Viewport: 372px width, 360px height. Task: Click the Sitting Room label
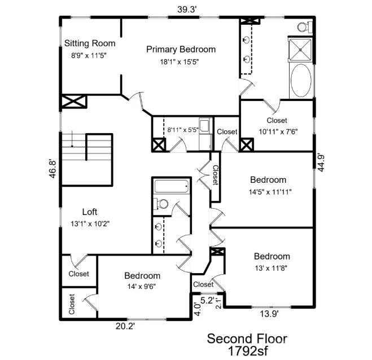90,43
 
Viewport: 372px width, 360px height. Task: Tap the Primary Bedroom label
181,49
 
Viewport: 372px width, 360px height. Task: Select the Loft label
89,212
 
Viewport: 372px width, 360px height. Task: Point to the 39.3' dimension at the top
187,10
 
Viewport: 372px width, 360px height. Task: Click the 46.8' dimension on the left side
52,169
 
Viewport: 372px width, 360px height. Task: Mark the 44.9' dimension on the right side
321,163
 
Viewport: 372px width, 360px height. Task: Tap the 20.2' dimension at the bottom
125,326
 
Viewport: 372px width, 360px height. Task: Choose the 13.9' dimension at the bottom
269,314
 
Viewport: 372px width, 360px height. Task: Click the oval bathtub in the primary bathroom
301,80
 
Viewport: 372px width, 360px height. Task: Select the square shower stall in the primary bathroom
300,50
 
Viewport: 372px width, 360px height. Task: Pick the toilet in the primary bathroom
305,27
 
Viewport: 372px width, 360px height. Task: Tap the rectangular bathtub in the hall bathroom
172,186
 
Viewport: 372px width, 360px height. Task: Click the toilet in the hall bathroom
161,204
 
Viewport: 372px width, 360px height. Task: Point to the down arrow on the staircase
72,139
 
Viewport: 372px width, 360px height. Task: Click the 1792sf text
248,351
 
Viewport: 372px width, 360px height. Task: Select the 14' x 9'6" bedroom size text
142,287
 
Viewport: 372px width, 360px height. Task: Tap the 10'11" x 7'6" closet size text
278,131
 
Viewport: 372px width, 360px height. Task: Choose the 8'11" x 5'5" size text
183,130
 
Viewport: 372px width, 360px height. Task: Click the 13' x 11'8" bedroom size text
271,268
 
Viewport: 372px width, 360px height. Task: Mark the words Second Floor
247,339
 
